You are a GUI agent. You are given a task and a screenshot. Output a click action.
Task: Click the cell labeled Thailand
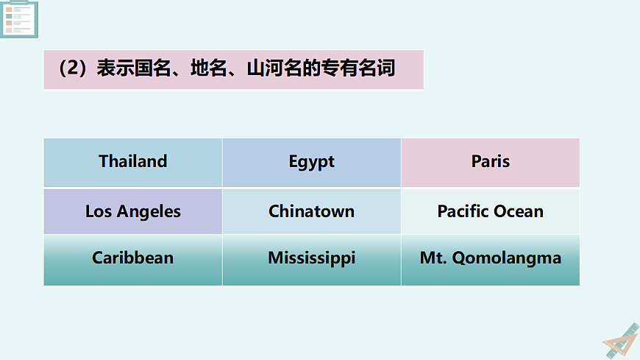(133, 162)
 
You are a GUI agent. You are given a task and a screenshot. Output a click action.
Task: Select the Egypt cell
(311, 162)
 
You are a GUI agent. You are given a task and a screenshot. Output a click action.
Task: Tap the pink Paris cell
(490, 162)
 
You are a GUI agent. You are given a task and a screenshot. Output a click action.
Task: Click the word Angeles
(149, 212)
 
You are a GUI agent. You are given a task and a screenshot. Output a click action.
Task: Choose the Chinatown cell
(311, 212)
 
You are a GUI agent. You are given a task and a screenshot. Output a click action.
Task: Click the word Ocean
(519, 212)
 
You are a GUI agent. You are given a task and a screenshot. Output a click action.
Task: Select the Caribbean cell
(133, 258)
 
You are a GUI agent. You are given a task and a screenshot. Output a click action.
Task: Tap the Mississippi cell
(311, 258)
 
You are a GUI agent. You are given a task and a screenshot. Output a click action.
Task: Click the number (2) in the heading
(74, 69)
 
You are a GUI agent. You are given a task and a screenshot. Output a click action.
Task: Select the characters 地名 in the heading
(209, 69)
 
